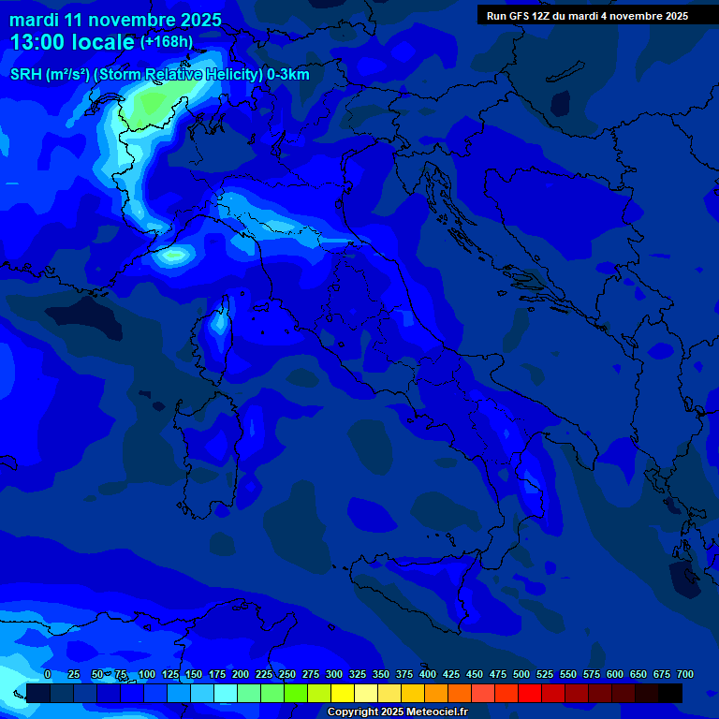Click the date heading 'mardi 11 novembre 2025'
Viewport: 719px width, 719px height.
point(115,20)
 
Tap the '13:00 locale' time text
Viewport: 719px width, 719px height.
point(72,41)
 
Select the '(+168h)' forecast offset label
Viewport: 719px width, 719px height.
point(167,41)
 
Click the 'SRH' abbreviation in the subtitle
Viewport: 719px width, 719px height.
point(26,75)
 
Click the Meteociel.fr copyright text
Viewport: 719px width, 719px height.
point(397,712)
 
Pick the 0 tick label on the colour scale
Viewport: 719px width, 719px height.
point(48,674)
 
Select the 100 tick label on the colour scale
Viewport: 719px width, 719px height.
point(147,674)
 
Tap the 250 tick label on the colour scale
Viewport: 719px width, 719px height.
point(287,674)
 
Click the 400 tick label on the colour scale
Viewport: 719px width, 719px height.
point(428,674)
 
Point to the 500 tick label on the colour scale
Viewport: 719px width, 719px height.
point(521,674)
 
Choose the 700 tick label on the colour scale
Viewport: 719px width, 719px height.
point(685,674)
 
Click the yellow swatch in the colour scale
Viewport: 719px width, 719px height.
point(343,694)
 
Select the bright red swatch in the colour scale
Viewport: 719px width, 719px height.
point(530,694)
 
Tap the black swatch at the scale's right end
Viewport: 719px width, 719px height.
point(670,694)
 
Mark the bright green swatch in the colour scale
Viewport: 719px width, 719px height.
point(296,694)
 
